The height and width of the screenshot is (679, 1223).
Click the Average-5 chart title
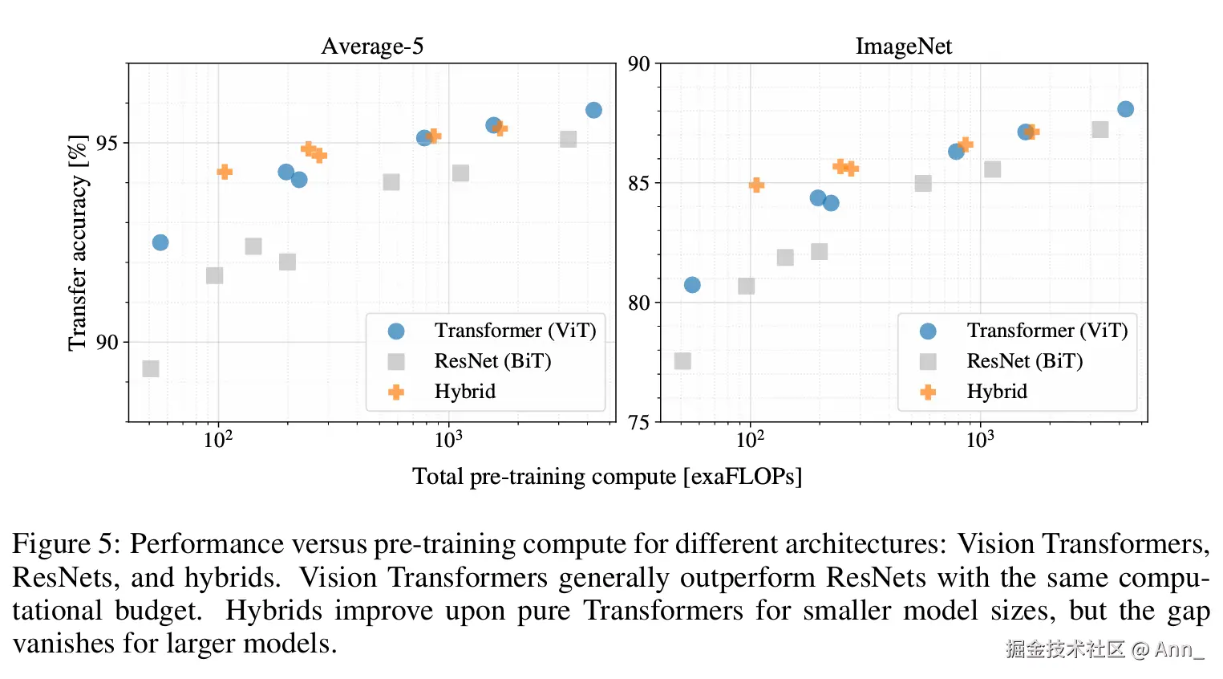pyautogui.click(x=372, y=47)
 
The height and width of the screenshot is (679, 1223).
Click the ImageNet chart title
pyautogui.click(x=903, y=47)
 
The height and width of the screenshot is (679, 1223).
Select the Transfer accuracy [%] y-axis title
pyautogui.click(x=77, y=242)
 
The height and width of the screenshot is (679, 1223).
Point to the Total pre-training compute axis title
pyautogui.click(x=606, y=477)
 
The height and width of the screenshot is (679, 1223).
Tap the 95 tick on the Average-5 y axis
pyautogui.click(x=107, y=143)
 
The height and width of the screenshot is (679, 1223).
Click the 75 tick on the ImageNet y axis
pyautogui.click(x=639, y=422)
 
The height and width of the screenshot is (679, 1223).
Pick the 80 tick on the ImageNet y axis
pyautogui.click(x=639, y=303)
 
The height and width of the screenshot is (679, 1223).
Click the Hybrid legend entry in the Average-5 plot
pyautogui.click(x=464, y=392)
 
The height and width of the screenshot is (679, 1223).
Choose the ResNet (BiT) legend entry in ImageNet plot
pyautogui.click(x=1024, y=361)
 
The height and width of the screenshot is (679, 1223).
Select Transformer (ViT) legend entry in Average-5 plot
pyautogui.click(x=515, y=331)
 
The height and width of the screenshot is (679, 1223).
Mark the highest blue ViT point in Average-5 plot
pyautogui.click(x=593, y=110)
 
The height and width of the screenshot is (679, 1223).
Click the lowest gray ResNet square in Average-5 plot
pyautogui.click(x=151, y=368)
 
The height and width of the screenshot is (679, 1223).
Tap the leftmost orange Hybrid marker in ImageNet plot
pyautogui.click(x=756, y=185)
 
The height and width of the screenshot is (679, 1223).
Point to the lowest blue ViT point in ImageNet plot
pyautogui.click(x=692, y=285)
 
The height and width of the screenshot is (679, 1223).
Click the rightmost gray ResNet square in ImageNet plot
pyautogui.click(x=1100, y=130)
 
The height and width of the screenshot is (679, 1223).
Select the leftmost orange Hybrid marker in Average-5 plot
pyautogui.click(x=225, y=172)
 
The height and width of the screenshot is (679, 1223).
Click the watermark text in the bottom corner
pyautogui.click(x=1104, y=649)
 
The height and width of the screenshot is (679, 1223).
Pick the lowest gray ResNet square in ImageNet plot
pyautogui.click(x=682, y=361)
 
